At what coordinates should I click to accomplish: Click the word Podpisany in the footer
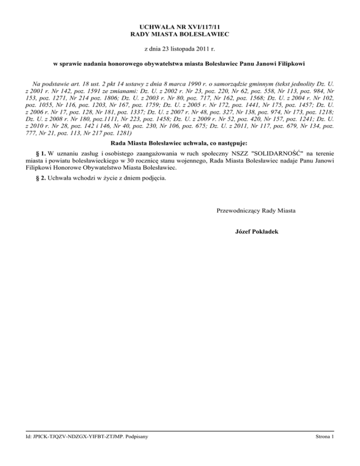click(x=135, y=451)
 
